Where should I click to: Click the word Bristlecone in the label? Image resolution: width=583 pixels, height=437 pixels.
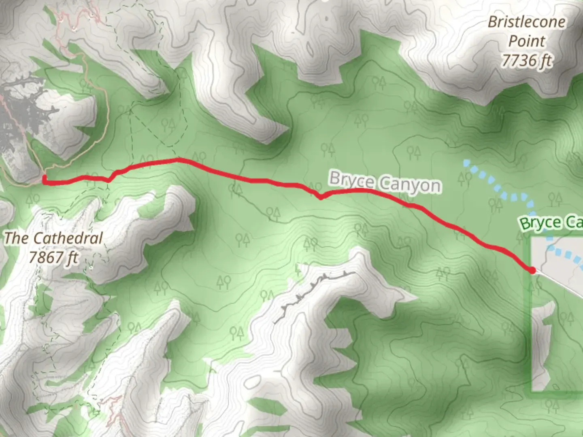click(x=526, y=22)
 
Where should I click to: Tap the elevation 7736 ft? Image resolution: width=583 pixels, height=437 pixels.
click(x=526, y=61)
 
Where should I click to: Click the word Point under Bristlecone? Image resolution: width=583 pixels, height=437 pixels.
click(x=527, y=41)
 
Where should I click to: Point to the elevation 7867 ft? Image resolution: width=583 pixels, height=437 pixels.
click(x=53, y=257)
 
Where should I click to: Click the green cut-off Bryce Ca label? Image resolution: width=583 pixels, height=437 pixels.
click(x=551, y=223)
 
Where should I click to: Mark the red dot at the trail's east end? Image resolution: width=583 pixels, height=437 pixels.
click(x=532, y=270)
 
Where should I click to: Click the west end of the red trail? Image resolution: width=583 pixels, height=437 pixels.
click(x=44, y=181)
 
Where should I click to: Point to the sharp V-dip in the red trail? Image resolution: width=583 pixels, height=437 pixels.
click(x=321, y=197)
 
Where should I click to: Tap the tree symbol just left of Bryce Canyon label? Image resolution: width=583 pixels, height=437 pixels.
click(x=327, y=150)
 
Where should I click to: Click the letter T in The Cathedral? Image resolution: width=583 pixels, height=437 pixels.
click(x=9, y=238)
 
